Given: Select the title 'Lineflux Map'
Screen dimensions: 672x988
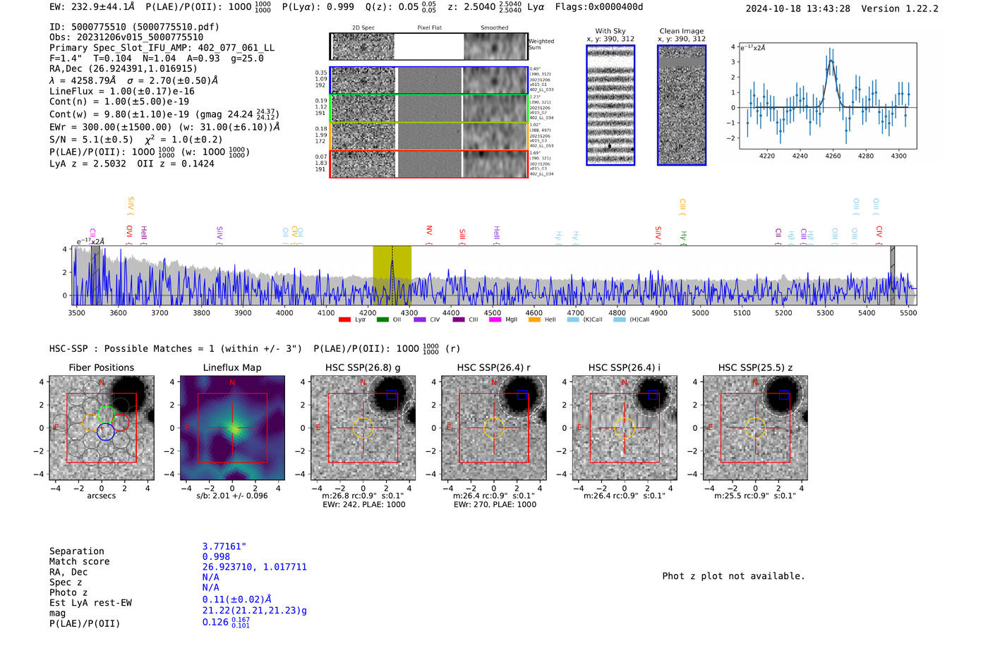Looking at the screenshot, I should pyautogui.click(x=231, y=367).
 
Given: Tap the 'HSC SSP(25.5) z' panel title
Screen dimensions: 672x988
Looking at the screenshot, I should pyautogui.click(x=755, y=367).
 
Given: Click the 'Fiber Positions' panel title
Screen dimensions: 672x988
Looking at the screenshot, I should pyautogui.click(x=101, y=367).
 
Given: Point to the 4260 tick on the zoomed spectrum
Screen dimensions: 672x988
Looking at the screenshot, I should pyautogui.click(x=833, y=156).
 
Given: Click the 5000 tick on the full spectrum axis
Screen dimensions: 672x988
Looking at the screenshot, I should pyautogui.click(x=700, y=313).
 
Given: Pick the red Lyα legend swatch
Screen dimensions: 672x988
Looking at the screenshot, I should pyautogui.click(x=345, y=320).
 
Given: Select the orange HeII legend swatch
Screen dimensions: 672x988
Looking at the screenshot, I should pyautogui.click(x=534, y=320).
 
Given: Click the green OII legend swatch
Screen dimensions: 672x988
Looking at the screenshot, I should pyautogui.click(x=382, y=320).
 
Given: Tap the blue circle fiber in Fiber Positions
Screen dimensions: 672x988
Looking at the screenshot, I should pyautogui.click(x=105, y=432).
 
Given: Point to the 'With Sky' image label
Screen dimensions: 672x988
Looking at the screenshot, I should pyautogui.click(x=610, y=31).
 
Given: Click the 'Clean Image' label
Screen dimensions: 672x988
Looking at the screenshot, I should pyautogui.click(x=681, y=31).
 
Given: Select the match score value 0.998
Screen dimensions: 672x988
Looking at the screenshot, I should pyautogui.click(x=216, y=557).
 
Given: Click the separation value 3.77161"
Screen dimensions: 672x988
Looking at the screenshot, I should pyautogui.click(x=224, y=546).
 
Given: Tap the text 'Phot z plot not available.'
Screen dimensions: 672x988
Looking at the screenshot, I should pyautogui.click(x=733, y=576).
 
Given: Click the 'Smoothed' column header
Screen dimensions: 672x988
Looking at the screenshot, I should pyautogui.click(x=494, y=28).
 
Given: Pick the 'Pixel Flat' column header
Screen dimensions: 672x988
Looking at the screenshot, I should pyautogui.click(x=429, y=28).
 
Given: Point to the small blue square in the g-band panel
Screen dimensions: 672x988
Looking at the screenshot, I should pyautogui.click(x=392, y=395).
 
